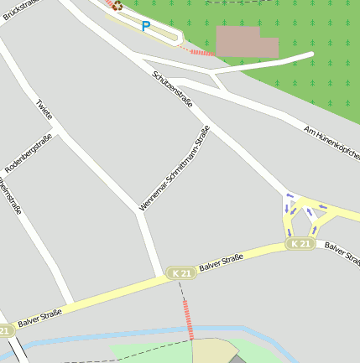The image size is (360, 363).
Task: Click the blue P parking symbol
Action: pos(146,27)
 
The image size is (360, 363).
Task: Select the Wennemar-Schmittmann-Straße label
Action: pos(175,167)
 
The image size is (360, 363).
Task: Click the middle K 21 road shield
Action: pos(181,273)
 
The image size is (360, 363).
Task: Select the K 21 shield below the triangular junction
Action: pos(300,244)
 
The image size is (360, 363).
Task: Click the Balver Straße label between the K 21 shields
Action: pos(222,262)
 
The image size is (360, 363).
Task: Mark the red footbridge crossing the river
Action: pos(188,319)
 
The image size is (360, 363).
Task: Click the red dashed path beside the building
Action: pos(201,52)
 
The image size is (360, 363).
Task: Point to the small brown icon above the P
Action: pos(117,6)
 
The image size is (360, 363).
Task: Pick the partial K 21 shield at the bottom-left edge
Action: pos(5,331)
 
